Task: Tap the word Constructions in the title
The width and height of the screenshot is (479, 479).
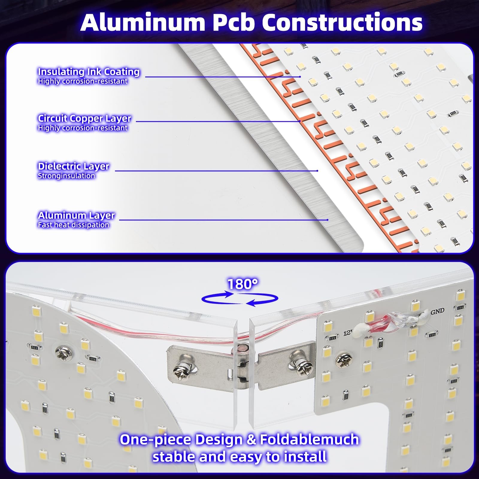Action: coord(342,22)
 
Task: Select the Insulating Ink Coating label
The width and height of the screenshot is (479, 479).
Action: coord(89,72)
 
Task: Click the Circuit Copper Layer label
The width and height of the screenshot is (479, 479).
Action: coord(84,119)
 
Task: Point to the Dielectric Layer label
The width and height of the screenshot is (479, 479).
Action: coord(73,166)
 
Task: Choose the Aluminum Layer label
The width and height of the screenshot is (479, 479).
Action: coord(76,215)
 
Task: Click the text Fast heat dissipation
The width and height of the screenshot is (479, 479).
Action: coord(73,225)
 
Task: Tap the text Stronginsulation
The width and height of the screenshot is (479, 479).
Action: coord(66,176)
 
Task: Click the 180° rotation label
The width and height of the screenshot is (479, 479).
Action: coord(242,284)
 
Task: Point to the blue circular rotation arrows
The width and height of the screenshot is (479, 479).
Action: coord(240,299)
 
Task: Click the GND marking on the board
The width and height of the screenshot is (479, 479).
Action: coord(437,312)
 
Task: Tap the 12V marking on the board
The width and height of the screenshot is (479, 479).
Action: coord(348,332)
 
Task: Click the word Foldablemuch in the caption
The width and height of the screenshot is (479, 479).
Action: coord(309,439)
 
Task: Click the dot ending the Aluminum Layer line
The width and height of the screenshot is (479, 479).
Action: coord(328,220)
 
